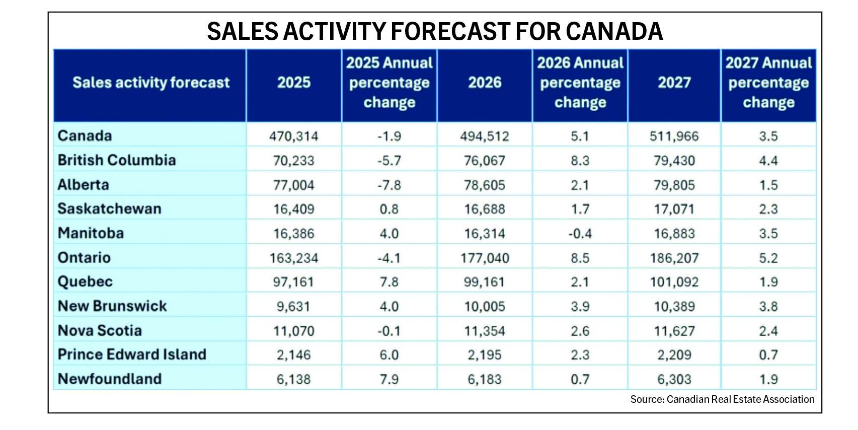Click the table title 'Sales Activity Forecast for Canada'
pos(434,31)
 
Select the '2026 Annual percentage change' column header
pos(580,83)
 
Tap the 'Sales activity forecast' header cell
pos(151,83)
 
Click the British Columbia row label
pos(117,160)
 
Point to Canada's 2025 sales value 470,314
pos(293,136)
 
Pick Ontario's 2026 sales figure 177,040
pos(485,258)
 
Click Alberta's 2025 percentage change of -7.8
pos(389,185)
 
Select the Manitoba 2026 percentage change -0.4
pos(580,234)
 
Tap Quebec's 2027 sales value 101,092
pos(674,282)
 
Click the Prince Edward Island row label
pos(132,354)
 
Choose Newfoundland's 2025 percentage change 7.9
pos(389,379)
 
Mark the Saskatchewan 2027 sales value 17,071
pos(674,209)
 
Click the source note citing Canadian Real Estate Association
pos(722,399)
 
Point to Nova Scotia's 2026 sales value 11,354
pos(485,331)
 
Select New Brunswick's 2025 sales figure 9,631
pos(293,307)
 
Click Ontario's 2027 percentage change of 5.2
pos(768,258)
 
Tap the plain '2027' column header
pos(674,83)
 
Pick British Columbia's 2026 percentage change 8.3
pos(580,161)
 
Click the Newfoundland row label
pos(110,379)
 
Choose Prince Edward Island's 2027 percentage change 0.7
pos(768,355)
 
